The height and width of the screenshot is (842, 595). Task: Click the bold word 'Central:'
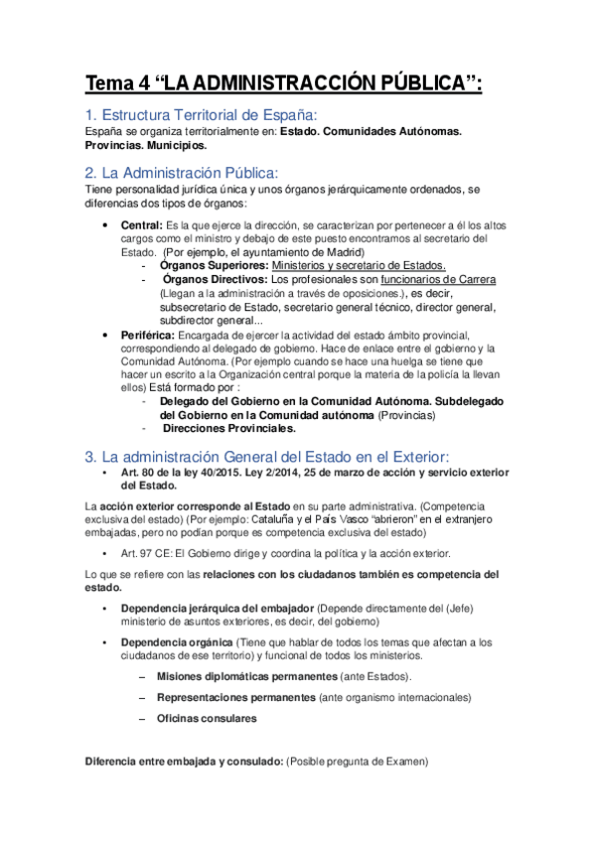click(140, 224)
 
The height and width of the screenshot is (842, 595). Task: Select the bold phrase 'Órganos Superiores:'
click(213, 266)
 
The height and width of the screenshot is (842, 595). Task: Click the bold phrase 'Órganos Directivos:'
click(213, 280)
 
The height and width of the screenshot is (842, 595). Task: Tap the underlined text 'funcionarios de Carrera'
click(437, 280)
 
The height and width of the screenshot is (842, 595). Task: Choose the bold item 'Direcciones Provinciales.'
click(228, 429)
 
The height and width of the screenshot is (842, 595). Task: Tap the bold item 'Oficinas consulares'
click(207, 718)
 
